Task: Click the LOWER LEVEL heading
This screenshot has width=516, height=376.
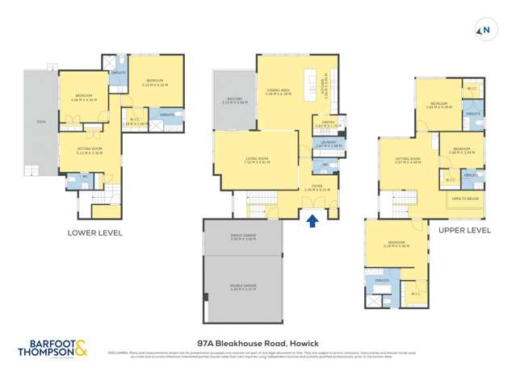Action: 96,234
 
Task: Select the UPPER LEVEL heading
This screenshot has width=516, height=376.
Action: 464,230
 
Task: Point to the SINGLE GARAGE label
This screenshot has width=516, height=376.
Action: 242,237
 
